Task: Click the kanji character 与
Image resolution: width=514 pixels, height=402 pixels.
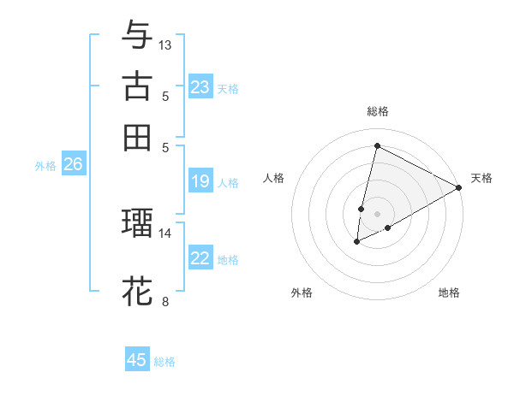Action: pos(137,35)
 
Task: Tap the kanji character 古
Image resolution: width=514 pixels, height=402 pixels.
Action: pos(137,86)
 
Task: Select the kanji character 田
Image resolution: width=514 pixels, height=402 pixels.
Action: pos(137,137)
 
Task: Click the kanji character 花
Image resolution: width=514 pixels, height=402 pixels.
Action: pos(137,290)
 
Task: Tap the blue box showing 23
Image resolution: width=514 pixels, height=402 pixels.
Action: pos(200,87)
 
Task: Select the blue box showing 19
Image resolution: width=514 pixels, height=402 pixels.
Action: pos(200,181)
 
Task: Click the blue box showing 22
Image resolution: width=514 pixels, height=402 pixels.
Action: pos(200,259)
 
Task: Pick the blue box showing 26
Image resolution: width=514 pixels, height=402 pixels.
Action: pos(73,165)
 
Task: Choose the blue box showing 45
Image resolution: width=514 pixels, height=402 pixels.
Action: pos(137,360)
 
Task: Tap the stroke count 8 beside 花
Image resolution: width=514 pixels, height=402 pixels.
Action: pos(165,301)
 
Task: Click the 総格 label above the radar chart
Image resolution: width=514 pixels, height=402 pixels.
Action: pos(377,111)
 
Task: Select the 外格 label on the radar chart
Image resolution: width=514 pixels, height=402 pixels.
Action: pos(302,293)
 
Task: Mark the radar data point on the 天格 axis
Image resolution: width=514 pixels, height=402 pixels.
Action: pos(459,188)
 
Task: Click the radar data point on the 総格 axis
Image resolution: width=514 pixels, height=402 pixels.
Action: pos(377,146)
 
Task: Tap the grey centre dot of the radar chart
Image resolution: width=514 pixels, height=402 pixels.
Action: pos(377,213)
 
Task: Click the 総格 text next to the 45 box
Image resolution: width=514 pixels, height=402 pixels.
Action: pos(164,362)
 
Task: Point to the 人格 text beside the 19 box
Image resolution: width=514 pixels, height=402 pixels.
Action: pos(228,182)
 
